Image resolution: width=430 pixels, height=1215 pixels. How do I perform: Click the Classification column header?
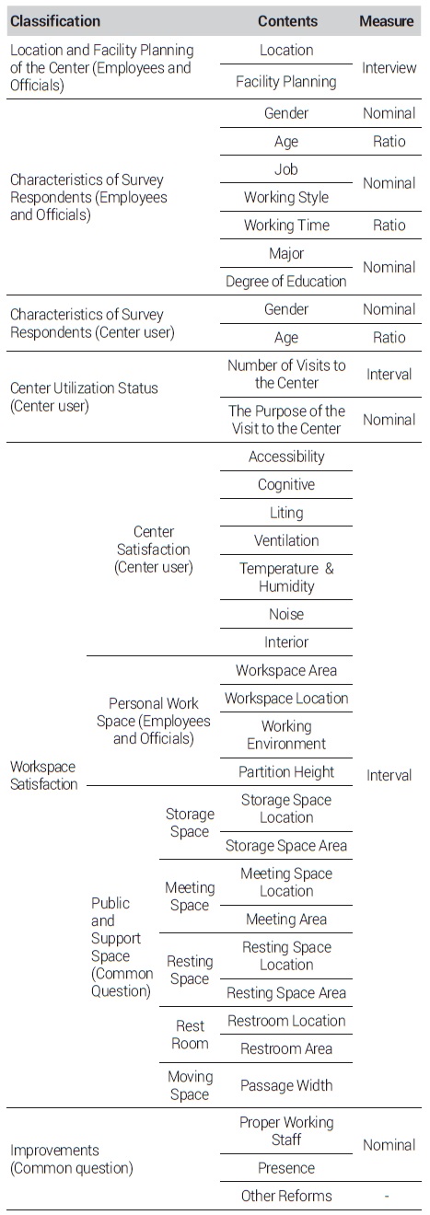(x=55, y=21)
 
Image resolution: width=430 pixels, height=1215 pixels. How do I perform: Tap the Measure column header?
(x=387, y=21)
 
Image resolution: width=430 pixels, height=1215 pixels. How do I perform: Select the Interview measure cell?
(x=389, y=68)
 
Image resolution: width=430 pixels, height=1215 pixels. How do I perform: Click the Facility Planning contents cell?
(x=286, y=82)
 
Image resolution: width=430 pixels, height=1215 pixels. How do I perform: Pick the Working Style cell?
(x=286, y=197)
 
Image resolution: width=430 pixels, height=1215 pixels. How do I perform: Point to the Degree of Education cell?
(x=286, y=282)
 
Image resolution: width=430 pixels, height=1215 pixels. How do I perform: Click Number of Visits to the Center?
(x=286, y=375)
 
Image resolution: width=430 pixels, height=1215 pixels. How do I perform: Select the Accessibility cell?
(x=286, y=457)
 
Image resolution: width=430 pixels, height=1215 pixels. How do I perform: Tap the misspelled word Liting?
(x=286, y=513)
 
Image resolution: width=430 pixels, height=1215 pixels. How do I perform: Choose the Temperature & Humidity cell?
(x=286, y=577)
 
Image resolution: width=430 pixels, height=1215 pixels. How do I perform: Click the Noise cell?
(x=286, y=614)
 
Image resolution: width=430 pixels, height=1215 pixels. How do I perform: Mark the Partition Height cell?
(x=286, y=772)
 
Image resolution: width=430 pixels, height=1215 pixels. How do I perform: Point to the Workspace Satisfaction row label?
(x=43, y=775)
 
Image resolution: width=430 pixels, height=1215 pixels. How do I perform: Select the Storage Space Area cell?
(x=286, y=846)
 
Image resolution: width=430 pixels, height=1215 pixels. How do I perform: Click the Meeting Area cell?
(x=286, y=920)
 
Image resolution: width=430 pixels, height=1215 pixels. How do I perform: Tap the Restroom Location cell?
(x=286, y=1021)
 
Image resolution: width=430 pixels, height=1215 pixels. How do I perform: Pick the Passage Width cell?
(x=286, y=1085)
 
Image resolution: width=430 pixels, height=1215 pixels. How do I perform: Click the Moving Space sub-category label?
(x=190, y=1085)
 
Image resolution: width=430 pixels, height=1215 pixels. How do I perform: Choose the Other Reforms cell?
(x=286, y=1196)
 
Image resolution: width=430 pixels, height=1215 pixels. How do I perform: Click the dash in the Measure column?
(x=387, y=1196)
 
